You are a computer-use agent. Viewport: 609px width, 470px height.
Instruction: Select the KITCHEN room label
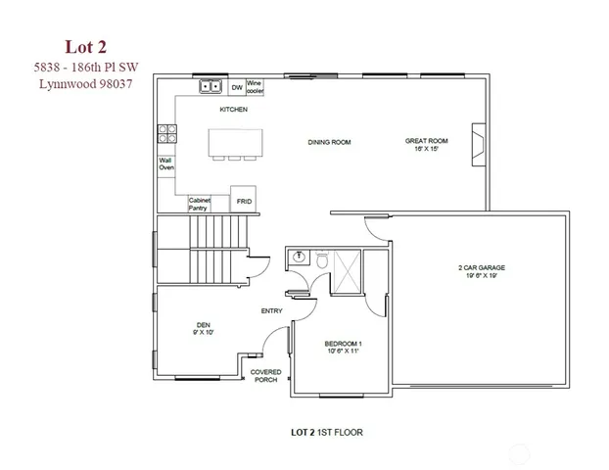pos(233,110)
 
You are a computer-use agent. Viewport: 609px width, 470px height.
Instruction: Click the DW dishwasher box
pos(236,87)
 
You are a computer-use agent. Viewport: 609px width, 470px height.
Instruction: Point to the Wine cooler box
pos(255,86)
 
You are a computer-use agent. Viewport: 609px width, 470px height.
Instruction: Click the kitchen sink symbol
pos(211,87)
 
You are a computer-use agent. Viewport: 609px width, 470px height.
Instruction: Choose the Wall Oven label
pos(166,164)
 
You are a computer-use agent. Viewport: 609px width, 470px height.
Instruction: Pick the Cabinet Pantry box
pos(201,203)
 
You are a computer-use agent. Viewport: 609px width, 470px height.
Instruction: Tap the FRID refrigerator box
pos(244,200)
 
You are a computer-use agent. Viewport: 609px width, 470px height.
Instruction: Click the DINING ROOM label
pos(329,143)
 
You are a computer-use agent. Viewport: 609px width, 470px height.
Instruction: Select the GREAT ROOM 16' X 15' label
pos(427,146)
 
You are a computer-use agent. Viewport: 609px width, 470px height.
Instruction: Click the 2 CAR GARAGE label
pos(481,271)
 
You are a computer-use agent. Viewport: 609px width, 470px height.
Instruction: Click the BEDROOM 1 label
pos(344,348)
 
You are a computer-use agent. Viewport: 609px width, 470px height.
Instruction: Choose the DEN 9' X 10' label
pos(204,328)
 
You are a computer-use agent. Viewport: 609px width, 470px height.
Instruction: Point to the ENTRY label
pos(271,311)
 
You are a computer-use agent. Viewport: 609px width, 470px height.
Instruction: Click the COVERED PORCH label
pos(265,375)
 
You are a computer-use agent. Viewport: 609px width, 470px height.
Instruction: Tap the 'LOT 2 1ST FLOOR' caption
pos(328,431)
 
